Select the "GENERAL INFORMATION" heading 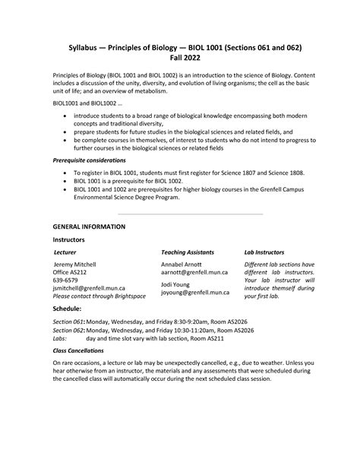coord(88,227)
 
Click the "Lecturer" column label coord(65,252)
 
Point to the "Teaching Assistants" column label coord(187,252)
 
